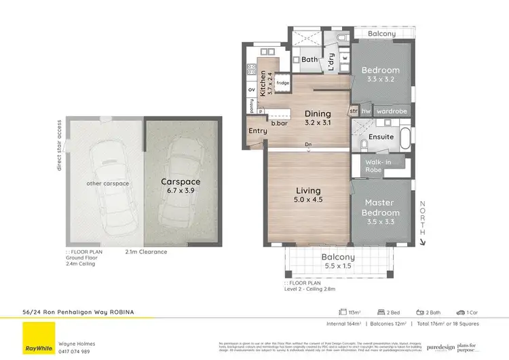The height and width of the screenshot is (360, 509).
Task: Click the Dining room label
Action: coord(318,113)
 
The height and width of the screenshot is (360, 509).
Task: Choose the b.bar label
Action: coord(278,124)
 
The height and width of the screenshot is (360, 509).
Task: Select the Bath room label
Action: coord(309,60)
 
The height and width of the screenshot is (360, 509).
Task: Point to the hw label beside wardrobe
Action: coord(365,111)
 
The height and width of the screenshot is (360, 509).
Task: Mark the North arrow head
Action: coord(422,240)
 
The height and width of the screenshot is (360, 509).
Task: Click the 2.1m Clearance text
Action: coord(146,252)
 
